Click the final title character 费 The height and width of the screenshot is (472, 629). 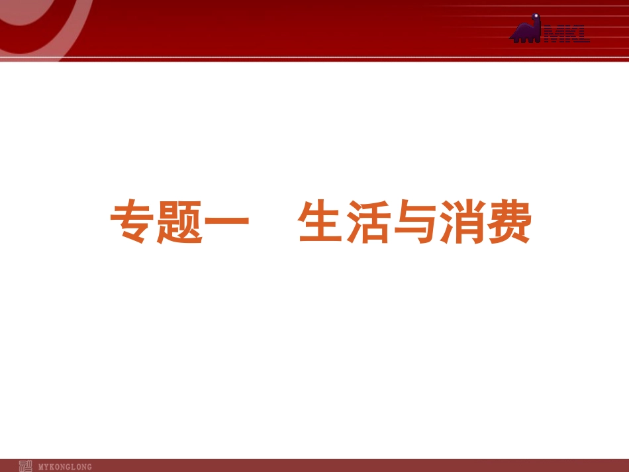[508, 224]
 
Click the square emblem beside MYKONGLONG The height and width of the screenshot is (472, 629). [25, 465]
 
